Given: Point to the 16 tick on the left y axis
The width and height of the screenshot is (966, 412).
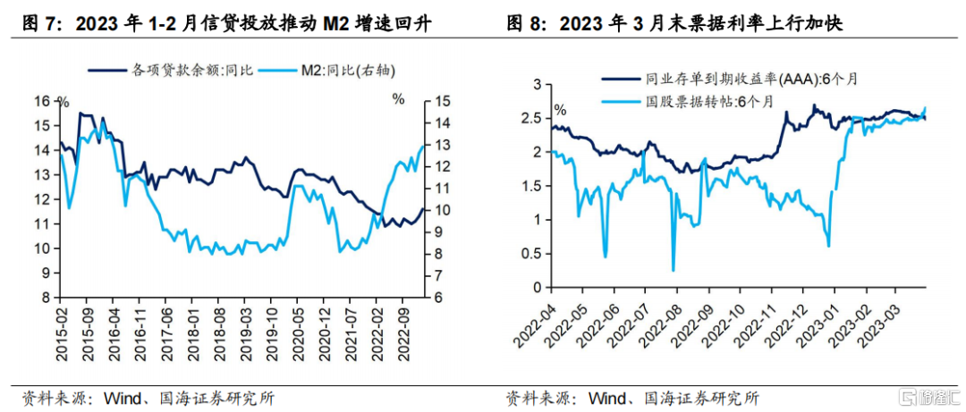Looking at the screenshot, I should click(x=43, y=101).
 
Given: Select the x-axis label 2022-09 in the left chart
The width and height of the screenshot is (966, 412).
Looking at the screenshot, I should click(x=404, y=330).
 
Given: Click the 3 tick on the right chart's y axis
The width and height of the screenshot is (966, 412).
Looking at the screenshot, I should click(x=538, y=85).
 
